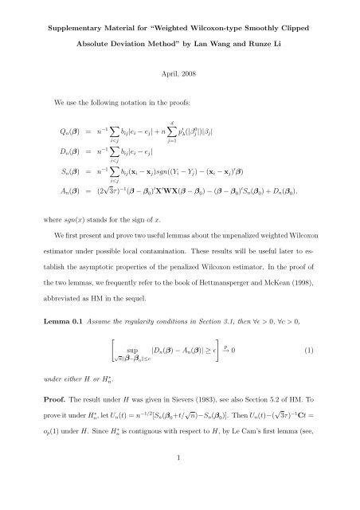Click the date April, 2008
[180, 81]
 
